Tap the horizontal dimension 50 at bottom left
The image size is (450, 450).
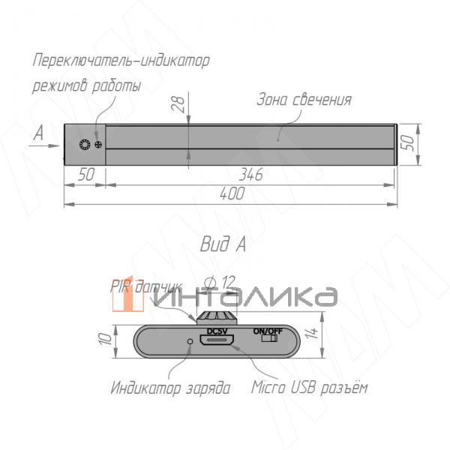(85, 175)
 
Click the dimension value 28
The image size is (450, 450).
(178, 105)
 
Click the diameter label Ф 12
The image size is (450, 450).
(220, 281)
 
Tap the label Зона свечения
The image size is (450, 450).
(304, 100)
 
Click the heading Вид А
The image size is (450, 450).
(223, 244)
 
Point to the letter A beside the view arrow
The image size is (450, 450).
(38, 133)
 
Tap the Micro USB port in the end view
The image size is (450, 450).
(217, 342)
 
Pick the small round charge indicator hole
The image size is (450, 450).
(190, 342)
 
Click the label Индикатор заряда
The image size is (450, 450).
(170, 388)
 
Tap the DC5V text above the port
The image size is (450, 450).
(217, 331)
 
